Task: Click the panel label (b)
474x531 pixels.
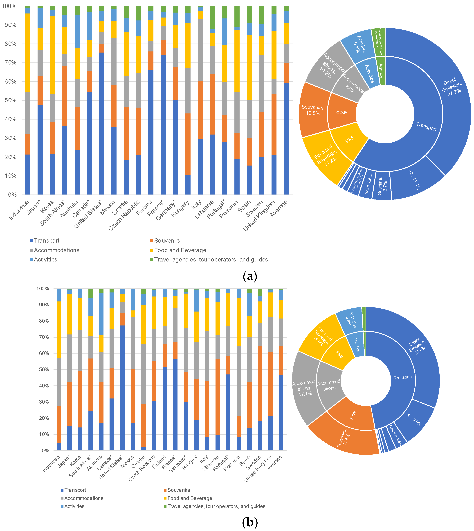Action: click(249, 522)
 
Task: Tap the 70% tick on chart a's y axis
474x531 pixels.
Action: click(10, 62)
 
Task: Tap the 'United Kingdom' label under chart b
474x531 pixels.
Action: click(258, 468)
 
